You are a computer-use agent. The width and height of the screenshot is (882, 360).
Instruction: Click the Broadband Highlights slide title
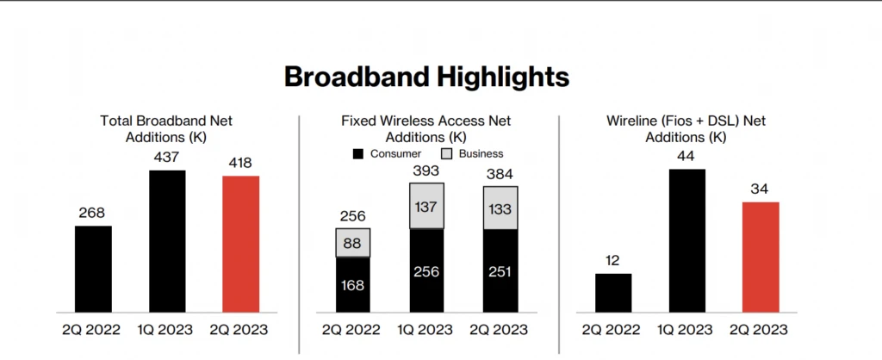click(426, 77)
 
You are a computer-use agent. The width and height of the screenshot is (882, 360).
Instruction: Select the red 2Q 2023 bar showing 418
click(240, 244)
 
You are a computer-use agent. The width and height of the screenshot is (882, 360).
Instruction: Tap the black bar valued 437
click(166, 241)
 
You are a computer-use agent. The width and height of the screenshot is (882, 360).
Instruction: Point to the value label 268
click(93, 211)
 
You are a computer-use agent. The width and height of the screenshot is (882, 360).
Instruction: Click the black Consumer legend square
click(358, 153)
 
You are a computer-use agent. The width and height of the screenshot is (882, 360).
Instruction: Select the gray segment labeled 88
click(352, 243)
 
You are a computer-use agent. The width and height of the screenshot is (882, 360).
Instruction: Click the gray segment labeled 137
click(426, 207)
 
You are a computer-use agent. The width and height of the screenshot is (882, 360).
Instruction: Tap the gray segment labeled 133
click(500, 208)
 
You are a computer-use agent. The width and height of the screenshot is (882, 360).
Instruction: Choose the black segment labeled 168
click(352, 284)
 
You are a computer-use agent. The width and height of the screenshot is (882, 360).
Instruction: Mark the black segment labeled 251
click(500, 271)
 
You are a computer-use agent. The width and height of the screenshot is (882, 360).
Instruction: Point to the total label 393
click(426, 171)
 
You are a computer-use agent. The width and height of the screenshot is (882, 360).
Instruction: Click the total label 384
click(500, 174)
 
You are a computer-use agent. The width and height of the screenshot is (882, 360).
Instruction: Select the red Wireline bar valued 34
click(761, 257)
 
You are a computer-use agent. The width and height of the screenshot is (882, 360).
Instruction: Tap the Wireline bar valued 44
click(686, 240)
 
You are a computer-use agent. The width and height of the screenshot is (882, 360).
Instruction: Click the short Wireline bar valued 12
click(613, 293)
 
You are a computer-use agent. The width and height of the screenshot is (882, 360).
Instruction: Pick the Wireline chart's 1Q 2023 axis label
click(686, 329)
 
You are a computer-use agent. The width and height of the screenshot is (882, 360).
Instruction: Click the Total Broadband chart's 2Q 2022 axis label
click(93, 329)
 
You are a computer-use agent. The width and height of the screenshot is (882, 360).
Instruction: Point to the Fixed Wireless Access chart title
click(425, 128)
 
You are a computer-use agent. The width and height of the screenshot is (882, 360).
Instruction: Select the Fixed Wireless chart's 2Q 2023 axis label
click(500, 329)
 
